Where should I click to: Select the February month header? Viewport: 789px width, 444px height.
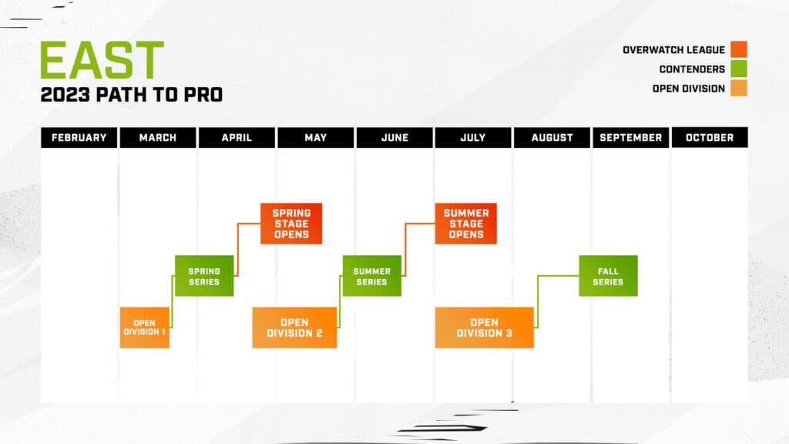pyautogui.click(x=79, y=137)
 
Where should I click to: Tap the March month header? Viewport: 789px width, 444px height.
pyautogui.click(x=158, y=137)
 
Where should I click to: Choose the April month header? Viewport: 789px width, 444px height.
pyautogui.click(x=237, y=137)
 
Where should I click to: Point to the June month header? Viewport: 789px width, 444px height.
pyautogui.click(x=394, y=137)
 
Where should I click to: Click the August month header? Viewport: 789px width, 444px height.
pyautogui.click(x=552, y=137)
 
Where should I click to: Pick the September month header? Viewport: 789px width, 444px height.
pyautogui.click(x=630, y=137)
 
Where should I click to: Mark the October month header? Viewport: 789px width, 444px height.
pyautogui.click(x=709, y=137)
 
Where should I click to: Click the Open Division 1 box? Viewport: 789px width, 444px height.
pyautogui.click(x=145, y=328)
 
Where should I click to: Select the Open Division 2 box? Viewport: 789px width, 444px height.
pyautogui.click(x=294, y=328)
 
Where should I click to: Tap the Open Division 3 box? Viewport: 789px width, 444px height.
pyautogui.click(x=484, y=328)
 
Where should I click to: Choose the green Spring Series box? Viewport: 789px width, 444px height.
pyautogui.click(x=204, y=276)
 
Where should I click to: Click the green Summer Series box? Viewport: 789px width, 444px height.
pyautogui.click(x=371, y=276)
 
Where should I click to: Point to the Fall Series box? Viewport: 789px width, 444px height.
pyautogui.click(x=608, y=276)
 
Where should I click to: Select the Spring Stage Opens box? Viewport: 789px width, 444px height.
pyautogui.click(x=291, y=224)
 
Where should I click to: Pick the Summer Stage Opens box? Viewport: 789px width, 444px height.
pyautogui.click(x=465, y=224)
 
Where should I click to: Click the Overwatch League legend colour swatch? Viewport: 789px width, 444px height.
pyautogui.click(x=739, y=50)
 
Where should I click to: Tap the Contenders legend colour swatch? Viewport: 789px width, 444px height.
pyautogui.click(x=739, y=69)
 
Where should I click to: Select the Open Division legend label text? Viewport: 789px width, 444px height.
pyautogui.click(x=688, y=89)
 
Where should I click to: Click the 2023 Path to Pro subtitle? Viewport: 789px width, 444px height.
pyautogui.click(x=132, y=96)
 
